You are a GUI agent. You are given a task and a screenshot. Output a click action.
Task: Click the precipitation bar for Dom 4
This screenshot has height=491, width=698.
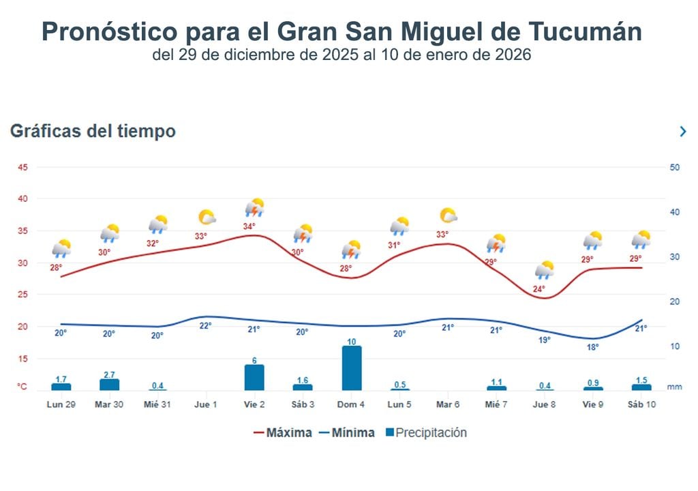click(352, 368)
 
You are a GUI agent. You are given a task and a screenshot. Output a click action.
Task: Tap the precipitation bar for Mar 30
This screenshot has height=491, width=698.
click(109, 385)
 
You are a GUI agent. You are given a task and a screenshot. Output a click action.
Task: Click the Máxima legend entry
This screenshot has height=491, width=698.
click(282, 432)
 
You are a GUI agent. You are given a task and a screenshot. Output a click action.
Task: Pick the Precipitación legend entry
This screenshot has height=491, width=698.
click(425, 432)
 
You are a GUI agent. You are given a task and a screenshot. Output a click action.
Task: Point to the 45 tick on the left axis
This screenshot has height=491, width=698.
click(23, 168)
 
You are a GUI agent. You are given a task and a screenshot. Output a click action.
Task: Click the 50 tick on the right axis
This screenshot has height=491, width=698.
click(675, 168)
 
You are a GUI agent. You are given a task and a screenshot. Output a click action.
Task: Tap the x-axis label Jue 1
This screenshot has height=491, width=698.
click(206, 404)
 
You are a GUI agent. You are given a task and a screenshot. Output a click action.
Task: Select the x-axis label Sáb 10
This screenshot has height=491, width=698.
click(641, 404)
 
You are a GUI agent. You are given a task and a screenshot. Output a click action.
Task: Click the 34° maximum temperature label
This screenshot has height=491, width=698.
click(249, 226)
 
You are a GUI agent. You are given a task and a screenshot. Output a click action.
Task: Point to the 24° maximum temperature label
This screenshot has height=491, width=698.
click(538, 289)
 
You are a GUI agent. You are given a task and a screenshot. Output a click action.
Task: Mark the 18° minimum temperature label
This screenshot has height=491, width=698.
click(593, 347)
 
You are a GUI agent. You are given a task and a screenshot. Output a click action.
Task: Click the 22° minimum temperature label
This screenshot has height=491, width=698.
click(205, 326)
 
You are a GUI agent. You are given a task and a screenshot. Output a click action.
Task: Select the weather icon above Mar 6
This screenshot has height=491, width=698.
click(449, 217)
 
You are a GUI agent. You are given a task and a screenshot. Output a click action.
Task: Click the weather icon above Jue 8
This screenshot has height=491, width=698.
click(545, 270)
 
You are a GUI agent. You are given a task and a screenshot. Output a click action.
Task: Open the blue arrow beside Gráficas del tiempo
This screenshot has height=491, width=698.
click(683, 132)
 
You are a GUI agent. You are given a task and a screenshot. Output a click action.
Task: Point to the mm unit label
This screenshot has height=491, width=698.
click(674, 387)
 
